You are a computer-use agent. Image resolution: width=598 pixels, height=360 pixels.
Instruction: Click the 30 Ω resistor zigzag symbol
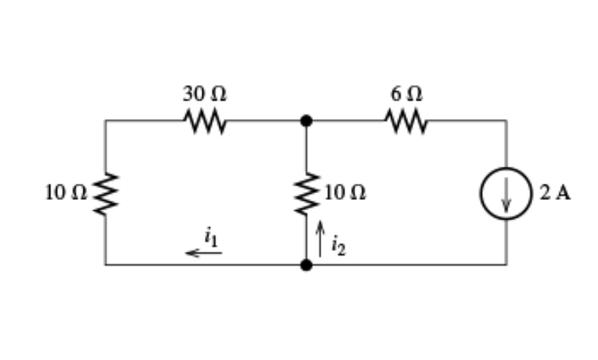pyautogui.click(x=205, y=121)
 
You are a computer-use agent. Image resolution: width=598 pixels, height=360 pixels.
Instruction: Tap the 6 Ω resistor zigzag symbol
pyautogui.click(x=406, y=121)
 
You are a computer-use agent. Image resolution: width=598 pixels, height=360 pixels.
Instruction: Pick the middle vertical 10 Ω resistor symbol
pyautogui.click(x=307, y=193)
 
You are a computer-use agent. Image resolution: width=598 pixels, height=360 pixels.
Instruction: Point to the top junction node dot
pyautogui.click(x=307, y=121)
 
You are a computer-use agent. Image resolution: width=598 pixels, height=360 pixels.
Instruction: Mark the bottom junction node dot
pyautogui.click(x=307, y=265)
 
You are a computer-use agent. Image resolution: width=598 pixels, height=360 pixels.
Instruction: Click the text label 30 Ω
pyautogui.click(x=205, y=94)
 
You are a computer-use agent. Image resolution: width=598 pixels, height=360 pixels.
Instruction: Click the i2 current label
pyautogui.click(x=335, y=246)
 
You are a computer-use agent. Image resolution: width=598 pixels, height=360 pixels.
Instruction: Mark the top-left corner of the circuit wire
pyautogui.click(x=106, y=121)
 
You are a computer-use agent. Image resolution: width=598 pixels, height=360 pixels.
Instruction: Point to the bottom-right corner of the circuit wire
pyautogui.click(x=506, y=265)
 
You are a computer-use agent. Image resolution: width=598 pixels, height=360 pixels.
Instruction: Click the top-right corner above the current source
pyautogui.click(x=506, y=121)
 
